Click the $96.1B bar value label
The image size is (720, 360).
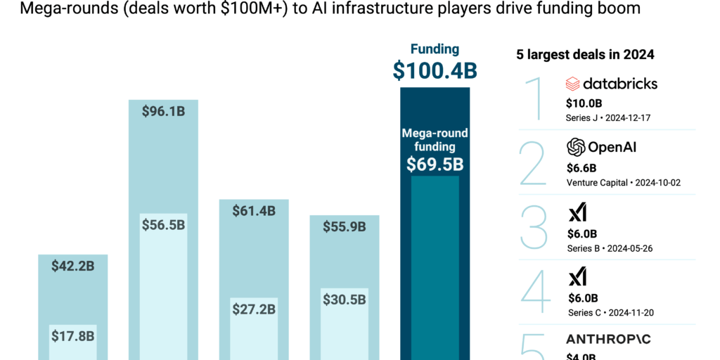coord(163,112)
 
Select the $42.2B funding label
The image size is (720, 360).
coord(72,266)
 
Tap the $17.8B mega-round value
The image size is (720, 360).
coord(72,335)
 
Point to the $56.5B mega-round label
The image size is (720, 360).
coord(163,224)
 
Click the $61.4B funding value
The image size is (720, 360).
coord(254,210)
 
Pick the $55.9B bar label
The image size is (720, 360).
coord(345,226)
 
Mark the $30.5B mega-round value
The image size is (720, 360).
coord(345,299)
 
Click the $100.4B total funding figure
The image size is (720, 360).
coord(435,70)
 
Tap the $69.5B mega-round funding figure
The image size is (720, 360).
coord(435,165)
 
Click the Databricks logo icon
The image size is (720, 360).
coord(572,84)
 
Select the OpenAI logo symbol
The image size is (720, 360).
coord(576,147)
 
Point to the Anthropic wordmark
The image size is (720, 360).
coord(608,340)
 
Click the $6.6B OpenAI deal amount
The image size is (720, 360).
coord(581,168)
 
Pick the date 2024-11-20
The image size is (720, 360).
coord(636,313)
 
